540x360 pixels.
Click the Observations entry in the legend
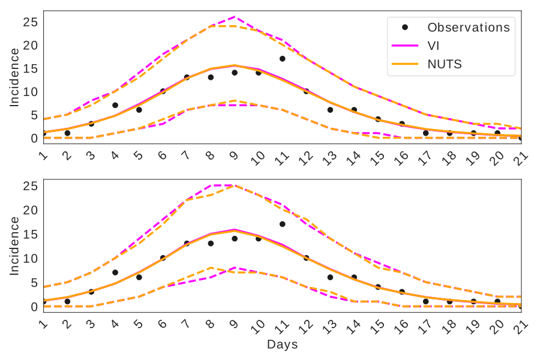point(468,28)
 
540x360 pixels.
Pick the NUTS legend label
point(444,64)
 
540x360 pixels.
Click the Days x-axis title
point(282,345)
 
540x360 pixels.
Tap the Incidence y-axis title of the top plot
point(14,77)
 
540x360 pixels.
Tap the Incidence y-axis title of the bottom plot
point(14,246)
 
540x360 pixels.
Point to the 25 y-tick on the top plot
point(31,22)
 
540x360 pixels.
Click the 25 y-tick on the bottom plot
point(31,186)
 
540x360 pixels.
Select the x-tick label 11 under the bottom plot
point(280,326)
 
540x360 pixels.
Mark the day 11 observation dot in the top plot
point(282,59)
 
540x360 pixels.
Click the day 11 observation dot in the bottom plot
point(282,224)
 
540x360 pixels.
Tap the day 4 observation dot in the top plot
point(115,105)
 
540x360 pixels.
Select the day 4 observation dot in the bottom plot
point(115,272)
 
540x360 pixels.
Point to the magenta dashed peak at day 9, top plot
point(235,17)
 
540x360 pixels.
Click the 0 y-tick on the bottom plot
point(34,307)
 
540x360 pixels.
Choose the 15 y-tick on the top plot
point(31,68)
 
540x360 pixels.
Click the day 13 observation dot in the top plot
point(330,110)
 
